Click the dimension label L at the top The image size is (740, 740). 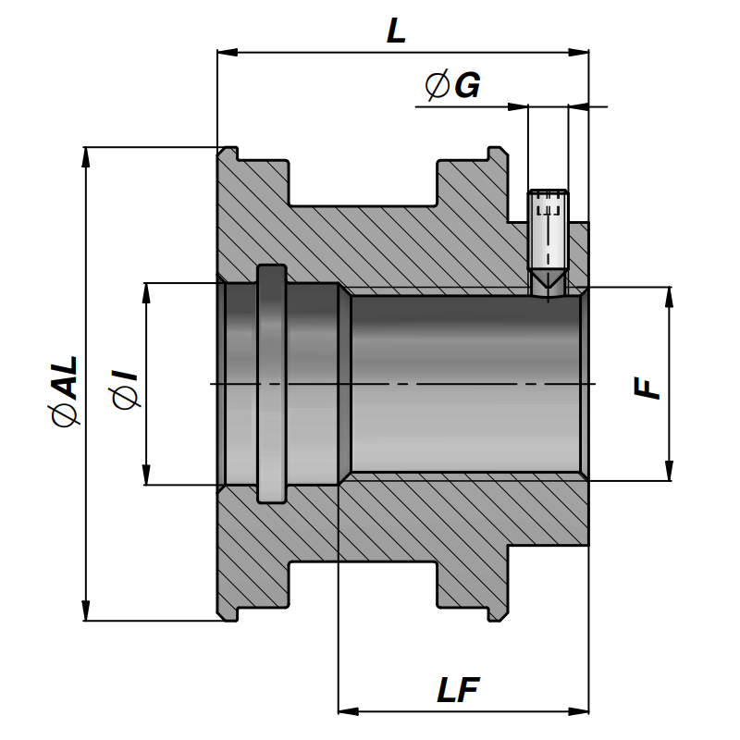tap(396, 31)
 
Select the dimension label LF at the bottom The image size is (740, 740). tap(460, 690)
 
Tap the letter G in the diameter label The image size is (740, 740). tap(467, 86)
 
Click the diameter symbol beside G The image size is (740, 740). tap(437, 87)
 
